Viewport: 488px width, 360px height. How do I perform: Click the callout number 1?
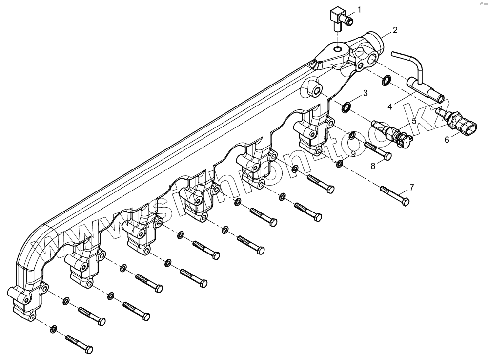[x=359, y=9]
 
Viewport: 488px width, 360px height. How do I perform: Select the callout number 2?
[x=395, y=30]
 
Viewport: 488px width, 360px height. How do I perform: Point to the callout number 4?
[x=390, y=106]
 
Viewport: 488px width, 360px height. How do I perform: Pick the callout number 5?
[x=413, y=120]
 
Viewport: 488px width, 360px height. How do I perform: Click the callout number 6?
[x=447, y=139]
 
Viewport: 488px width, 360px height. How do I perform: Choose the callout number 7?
[x=411, y=187]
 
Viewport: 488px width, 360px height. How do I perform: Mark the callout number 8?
[x=373, y=166]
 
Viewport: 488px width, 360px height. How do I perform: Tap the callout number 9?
[x=354, y=153]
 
